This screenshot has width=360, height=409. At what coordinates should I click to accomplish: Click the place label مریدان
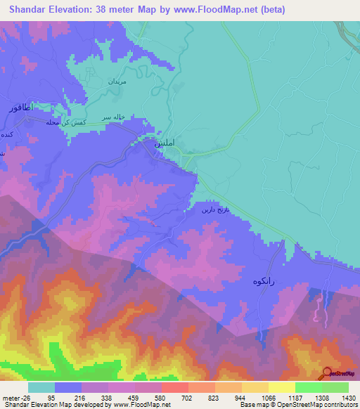115,82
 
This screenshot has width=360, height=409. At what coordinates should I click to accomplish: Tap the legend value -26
25,398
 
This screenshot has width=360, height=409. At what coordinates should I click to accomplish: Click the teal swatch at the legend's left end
41,387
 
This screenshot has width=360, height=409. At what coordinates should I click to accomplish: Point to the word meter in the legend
9,398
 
